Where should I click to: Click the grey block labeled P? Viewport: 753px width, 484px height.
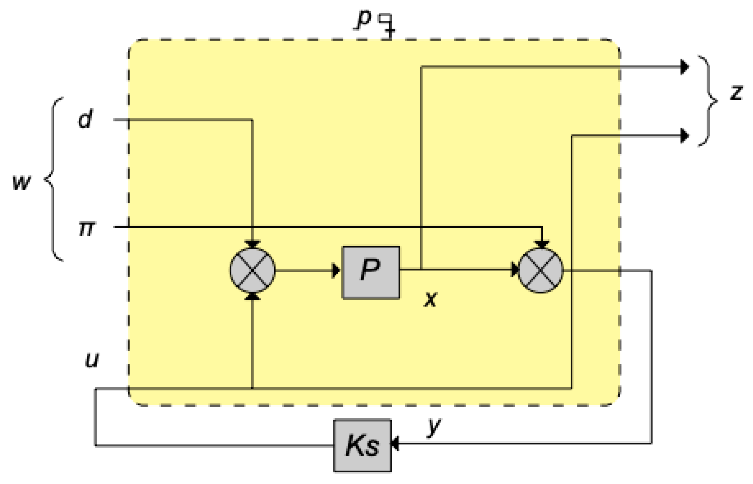click(x=370, y=273)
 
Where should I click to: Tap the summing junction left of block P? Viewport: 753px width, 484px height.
click(x=252, y=270)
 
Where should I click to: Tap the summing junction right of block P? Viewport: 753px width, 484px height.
click(x=541, y=270)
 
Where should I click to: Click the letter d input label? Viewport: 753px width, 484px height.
click(x=85, y=119)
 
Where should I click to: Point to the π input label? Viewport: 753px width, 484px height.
click(x=86, y=228)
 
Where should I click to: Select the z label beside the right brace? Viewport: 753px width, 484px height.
click(x=736, y=92)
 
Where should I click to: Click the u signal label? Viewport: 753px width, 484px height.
click(x=92, y=360)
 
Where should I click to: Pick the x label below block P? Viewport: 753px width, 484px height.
click(x=431, y=299)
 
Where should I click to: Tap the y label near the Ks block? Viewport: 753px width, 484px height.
click(x=434, y=426)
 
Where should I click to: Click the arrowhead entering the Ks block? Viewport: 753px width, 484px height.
click(x=395, y=443)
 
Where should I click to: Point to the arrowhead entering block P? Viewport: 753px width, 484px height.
click(x=336, y=271)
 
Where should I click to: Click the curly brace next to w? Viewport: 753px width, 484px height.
click(x=54, y=179)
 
